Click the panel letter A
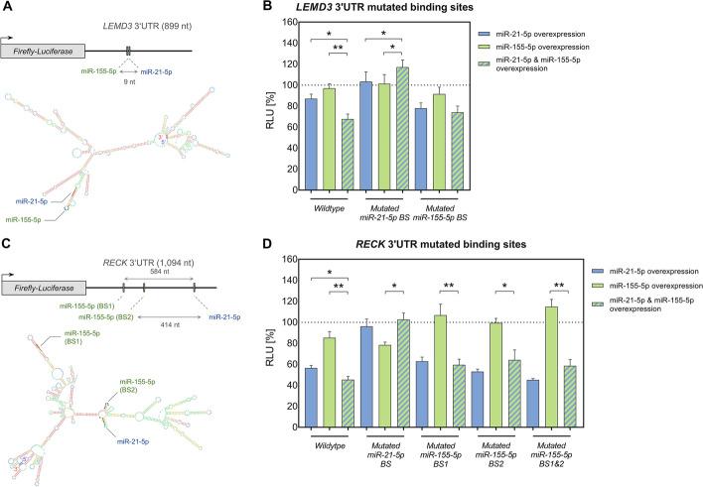pyautogui.click(x=7, y=7)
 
